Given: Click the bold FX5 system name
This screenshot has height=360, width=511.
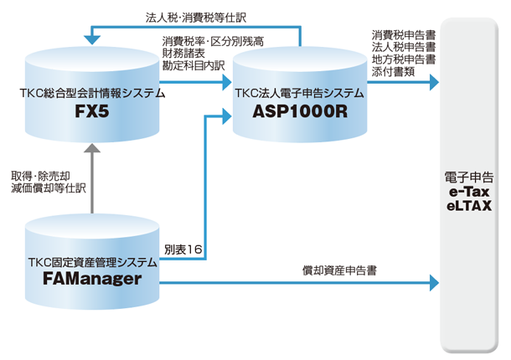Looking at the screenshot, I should tap(91, 111).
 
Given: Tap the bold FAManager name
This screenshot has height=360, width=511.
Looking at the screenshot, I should tap(91, 279).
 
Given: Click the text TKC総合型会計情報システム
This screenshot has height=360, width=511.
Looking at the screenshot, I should tap(91, 94).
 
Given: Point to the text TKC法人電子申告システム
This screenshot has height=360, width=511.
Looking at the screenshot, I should tap(299, 94).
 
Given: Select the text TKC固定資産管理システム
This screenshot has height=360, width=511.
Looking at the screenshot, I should tap(91, 262).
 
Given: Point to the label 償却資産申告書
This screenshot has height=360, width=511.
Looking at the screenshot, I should tap(339, 271).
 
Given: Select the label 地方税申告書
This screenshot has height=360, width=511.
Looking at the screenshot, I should tap(403, 59).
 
